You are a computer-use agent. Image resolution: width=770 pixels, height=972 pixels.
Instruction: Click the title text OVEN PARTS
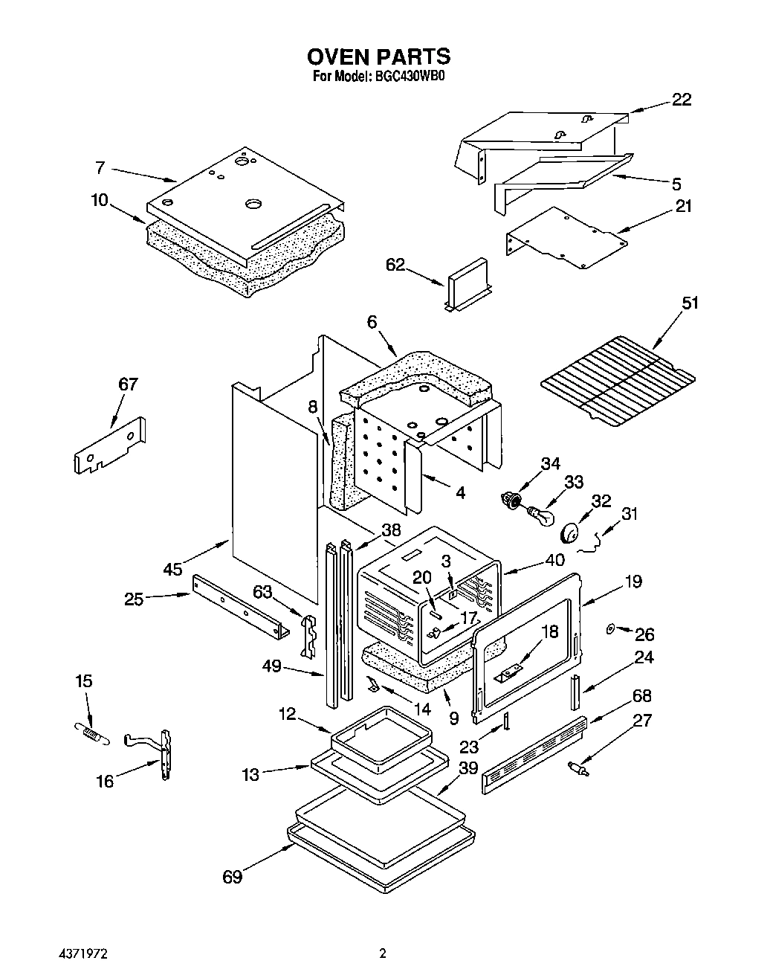tap(378, 57)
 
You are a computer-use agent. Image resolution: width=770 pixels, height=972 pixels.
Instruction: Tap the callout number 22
tap(681, 100)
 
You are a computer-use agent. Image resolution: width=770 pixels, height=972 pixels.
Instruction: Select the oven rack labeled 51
tap(617, 381)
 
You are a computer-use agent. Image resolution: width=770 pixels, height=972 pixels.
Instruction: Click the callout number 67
tap(128, 384)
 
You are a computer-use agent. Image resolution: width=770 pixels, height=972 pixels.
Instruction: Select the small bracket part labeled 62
tap(467, 285)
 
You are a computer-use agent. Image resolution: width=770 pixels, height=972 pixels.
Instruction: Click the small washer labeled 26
tap(610, 629)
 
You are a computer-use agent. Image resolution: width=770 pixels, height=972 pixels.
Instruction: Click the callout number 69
tap(233, 878)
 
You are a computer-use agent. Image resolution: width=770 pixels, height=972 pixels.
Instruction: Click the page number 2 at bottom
tap(382, 952)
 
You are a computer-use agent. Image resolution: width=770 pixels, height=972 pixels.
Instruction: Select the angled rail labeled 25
tap(240, 606)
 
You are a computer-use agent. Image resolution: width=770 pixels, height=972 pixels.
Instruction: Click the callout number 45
tap(172, 569)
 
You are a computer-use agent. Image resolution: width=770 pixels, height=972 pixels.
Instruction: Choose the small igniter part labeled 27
tap(577, 768)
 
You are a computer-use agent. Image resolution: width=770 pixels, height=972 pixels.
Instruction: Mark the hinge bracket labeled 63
tap(309, 634)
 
